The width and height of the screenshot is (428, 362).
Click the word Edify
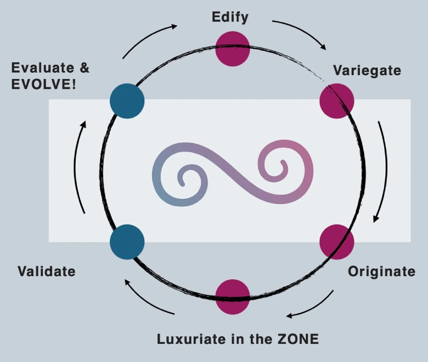click(x=230, y=17)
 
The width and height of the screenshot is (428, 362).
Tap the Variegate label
click(x=367, y=70)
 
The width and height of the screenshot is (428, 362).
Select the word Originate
click(x=381, y=271)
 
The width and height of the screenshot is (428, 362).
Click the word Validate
click(x=46, y=271)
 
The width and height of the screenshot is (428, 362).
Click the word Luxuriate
click(x=191, y=339)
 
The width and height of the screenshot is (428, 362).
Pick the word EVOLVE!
click(x=43, y=84)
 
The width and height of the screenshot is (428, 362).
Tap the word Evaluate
click(x=42, y=68)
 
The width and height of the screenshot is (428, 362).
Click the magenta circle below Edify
click(x=232, y=49)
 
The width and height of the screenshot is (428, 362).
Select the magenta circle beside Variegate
click(x=337, y=101)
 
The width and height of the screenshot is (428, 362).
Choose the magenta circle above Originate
click(x=337, y=242)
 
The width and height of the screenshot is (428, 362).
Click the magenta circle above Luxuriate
click(x=232, y=297)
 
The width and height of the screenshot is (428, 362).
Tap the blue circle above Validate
click(x=127, y=242)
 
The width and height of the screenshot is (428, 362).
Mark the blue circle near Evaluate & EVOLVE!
click(x=127, y=101)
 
